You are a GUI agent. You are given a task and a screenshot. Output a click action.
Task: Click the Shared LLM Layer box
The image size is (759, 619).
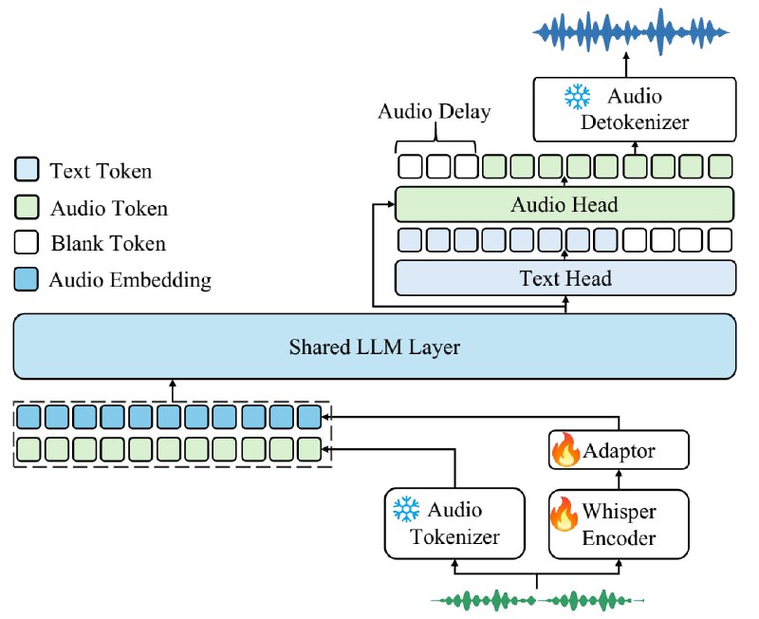(x=374, y=347)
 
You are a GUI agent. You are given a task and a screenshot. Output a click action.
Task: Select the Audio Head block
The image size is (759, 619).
(x=565, y=204)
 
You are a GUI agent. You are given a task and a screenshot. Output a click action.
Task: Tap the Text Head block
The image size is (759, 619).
(x=565, y=278)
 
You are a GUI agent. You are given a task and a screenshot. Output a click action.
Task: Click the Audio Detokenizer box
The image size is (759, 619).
(x=635, y=109)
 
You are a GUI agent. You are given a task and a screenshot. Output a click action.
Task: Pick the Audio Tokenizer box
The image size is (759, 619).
(x=454, y=523)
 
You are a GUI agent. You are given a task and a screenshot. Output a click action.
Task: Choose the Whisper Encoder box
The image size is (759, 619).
(x=619, y=524)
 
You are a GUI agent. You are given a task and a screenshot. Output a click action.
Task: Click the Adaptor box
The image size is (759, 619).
(x=619, y=450)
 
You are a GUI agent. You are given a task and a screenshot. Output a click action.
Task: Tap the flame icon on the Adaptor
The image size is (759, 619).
(x=565, y=449)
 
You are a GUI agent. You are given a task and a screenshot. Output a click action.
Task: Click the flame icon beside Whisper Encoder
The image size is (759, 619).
(x=564, y=514)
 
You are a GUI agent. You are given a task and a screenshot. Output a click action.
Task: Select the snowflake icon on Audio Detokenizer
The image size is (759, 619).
(x=578, y=96)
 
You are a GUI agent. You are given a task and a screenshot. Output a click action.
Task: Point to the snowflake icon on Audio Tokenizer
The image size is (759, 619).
(x=406, y=509)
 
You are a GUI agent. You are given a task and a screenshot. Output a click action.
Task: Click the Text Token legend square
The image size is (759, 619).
(x=27, y=169)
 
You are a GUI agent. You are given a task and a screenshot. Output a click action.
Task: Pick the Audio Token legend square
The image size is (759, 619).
(x=27, y=207)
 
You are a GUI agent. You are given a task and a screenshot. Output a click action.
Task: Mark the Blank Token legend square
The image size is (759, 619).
(x=27, y=242)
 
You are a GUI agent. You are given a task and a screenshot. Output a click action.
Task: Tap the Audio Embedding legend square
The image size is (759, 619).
(x=27, y=279)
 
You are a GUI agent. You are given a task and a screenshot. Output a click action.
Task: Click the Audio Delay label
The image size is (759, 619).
(x=435, y=111)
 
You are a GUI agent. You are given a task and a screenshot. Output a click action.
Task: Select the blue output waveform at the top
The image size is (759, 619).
(x=631, y=32)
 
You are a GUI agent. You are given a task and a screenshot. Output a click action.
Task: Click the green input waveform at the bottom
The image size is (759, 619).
(x=537, y=601)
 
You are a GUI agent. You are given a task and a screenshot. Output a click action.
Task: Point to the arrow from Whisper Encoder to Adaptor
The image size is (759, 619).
(x=619, y=479)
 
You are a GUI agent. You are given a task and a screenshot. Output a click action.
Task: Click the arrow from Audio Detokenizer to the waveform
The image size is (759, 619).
(x=626, y=65)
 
